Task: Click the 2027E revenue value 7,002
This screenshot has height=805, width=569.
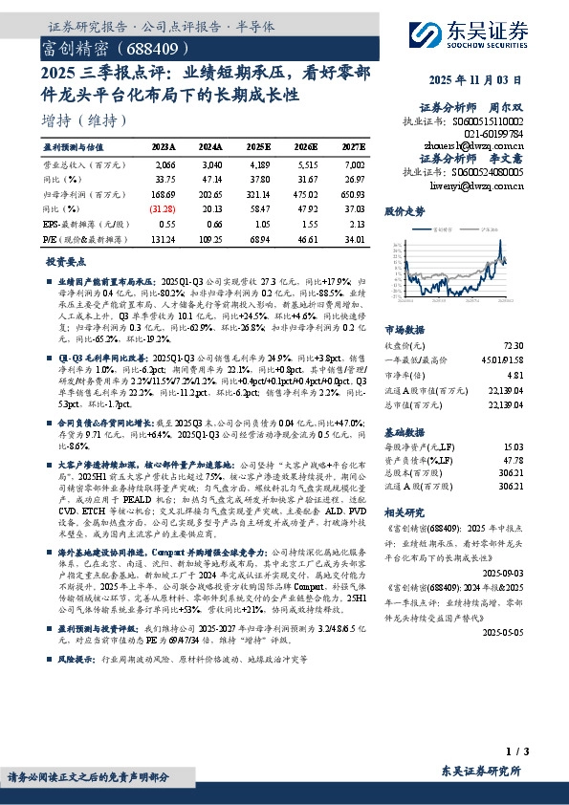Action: pos(354,166)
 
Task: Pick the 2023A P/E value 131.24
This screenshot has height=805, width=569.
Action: pos(163,238)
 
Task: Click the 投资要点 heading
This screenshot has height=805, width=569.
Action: pos(62,261)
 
